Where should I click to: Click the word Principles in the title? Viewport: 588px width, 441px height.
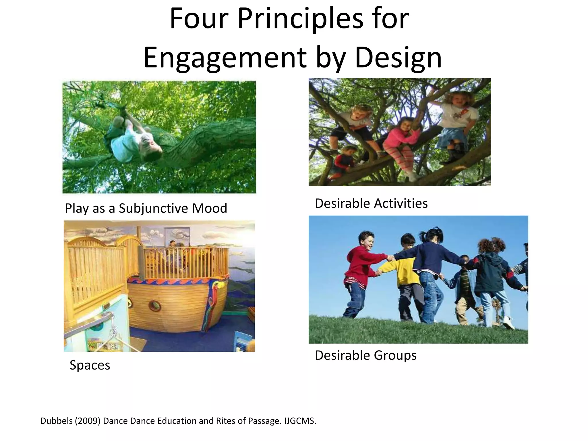pos(300,19)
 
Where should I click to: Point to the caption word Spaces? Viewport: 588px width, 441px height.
pos(90,365)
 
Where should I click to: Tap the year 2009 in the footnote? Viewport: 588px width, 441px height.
pos(88,421)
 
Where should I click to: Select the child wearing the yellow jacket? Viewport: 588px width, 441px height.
pos(405,273)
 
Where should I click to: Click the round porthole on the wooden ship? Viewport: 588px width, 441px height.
pos(155,306)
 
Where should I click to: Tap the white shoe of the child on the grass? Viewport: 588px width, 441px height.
pos(508,323)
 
